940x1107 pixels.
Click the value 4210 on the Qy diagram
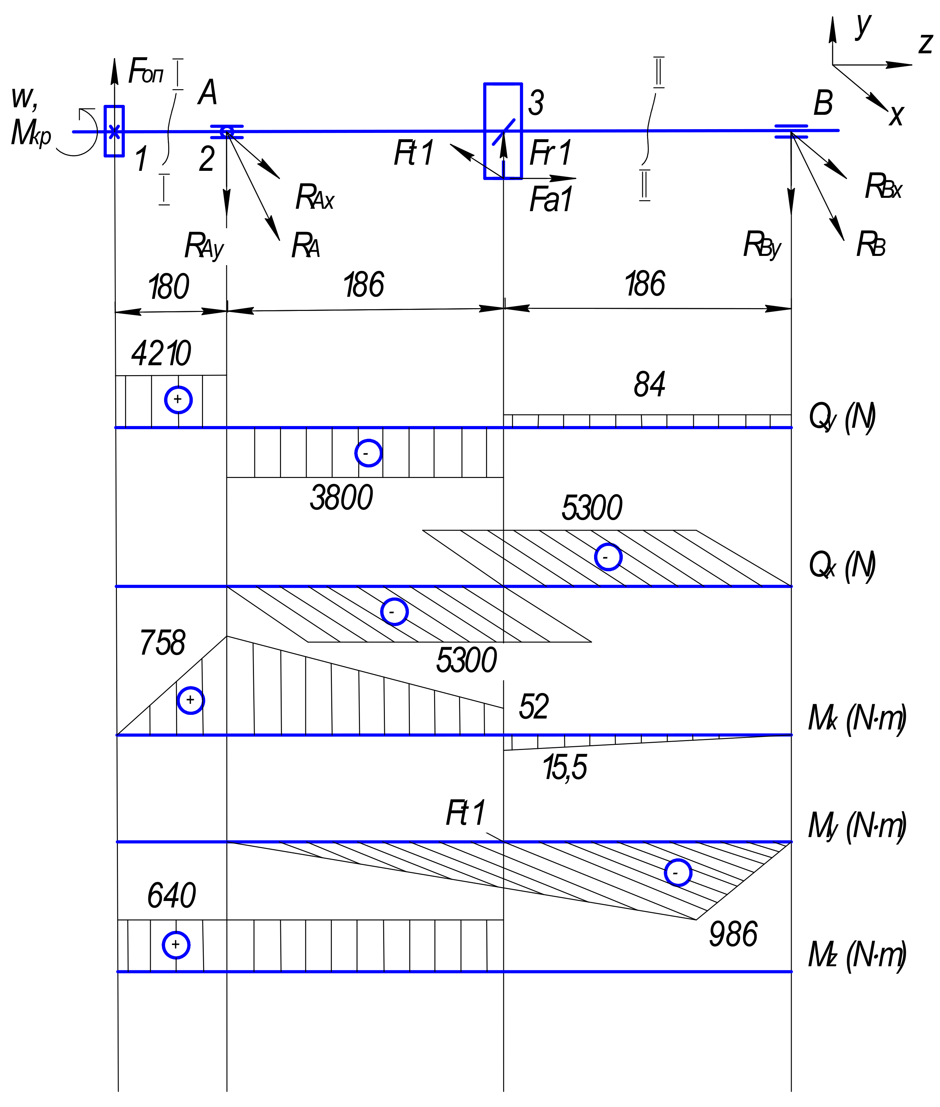click(161, 353)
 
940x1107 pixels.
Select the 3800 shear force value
click(341, 498)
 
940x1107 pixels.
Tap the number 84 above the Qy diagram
click(649, 385)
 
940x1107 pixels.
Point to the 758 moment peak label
click(162, 643)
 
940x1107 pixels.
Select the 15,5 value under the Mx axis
click(565, 768)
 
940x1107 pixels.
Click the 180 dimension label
click(169, 287)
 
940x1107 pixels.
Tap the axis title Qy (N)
click(842, 417)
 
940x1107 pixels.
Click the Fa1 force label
click(550, 200)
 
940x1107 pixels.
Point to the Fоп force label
click(146, 71)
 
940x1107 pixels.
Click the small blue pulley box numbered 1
click(114, 131)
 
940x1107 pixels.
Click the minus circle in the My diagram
click(678, 873)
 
